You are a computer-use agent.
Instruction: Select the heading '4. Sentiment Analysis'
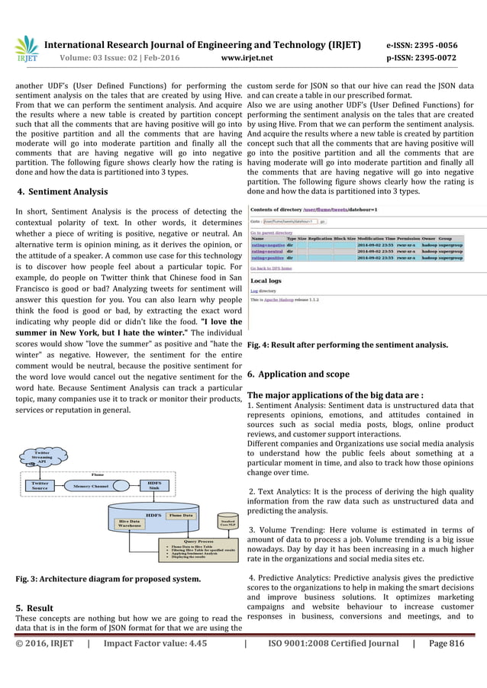[x=62, y=191]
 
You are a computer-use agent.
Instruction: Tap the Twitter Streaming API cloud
[x=43, y=456]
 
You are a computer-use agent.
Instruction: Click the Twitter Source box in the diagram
[x=40, y=485]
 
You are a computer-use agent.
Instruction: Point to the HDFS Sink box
[x=153, y=485]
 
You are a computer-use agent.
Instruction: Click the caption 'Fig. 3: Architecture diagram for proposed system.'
[x=108, y=579]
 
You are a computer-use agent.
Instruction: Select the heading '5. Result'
[x=34, y=608]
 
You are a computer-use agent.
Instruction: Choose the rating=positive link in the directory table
[x=266, y=259]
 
